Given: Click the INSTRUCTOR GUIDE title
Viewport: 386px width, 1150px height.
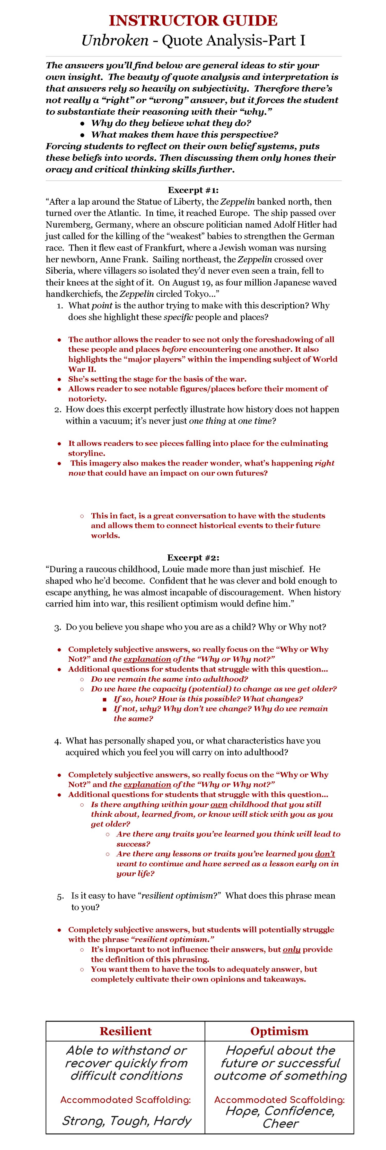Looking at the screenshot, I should [x=193, y=21].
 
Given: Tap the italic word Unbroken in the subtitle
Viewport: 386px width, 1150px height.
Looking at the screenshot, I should [x=115, y=41].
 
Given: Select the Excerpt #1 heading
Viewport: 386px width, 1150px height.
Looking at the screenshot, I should [x=193, y=190].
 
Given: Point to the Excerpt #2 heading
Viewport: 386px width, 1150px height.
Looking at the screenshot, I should [x=193, y=558].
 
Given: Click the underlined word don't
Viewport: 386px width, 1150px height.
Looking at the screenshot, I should [x=325, y=854].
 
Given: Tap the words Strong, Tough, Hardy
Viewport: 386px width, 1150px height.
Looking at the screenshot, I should [x=126, y=1121].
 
